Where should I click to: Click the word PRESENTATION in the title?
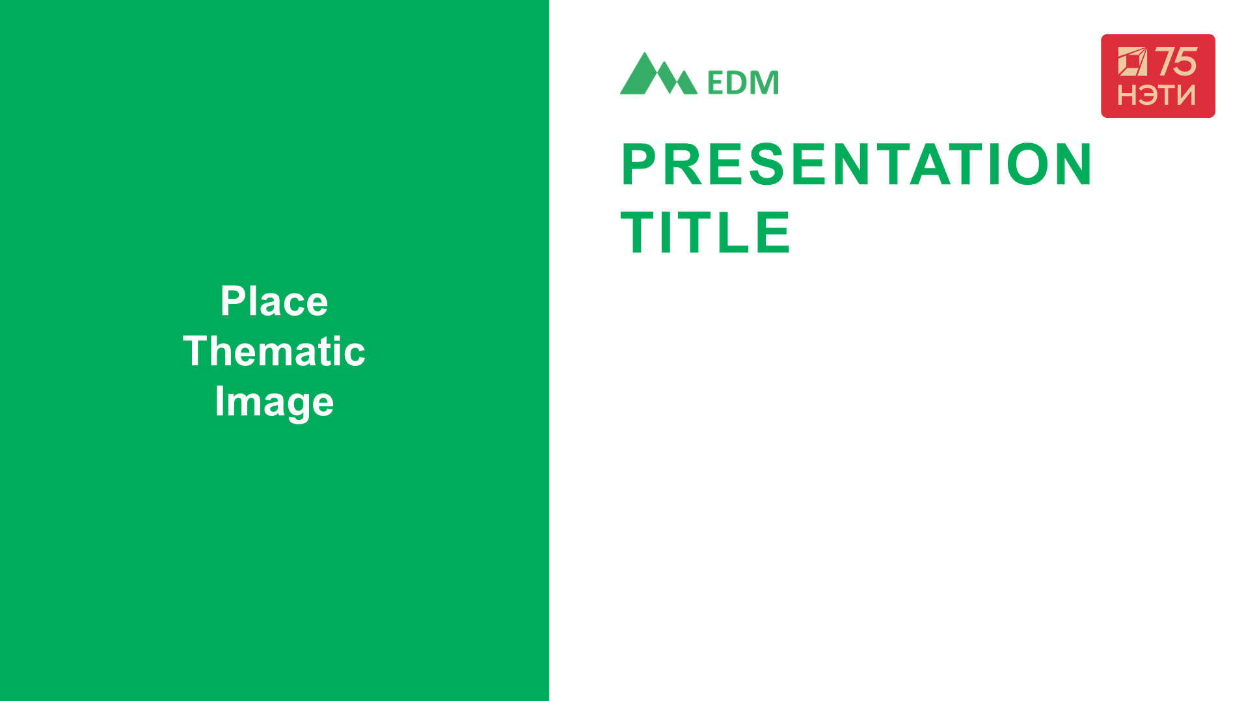tap(857, 164)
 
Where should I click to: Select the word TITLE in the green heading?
tap(706, 232)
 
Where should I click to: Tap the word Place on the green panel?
tap(274, 301)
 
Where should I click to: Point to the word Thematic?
tap(274, 351)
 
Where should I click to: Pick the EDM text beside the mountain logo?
tap(742, 83)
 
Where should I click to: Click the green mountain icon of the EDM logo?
tap(658, 74)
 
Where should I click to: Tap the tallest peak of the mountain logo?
tap(644, 53)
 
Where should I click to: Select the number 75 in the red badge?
tap(1176, 62)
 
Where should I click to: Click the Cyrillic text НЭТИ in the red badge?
tap(1157, 95)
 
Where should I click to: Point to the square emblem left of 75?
tap(1133, 61)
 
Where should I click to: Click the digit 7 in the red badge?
tap(1165, 62)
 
